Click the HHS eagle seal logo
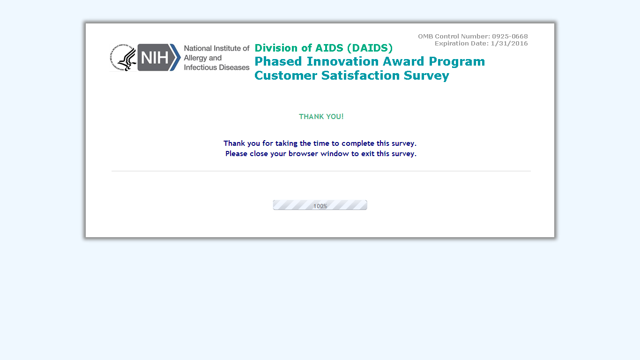[123, 58]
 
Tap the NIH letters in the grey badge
[155, 58]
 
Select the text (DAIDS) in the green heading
[370, 48]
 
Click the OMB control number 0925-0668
[510, 36]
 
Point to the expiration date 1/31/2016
[509, 44]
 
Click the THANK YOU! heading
[321, 117]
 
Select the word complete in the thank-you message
[358, 143]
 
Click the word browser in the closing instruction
[303, 154]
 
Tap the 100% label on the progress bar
[320, 206]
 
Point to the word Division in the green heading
[276, 48]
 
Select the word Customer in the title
[286, 75]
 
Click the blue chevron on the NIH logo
[175, 58]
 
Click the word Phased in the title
[278, 61]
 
